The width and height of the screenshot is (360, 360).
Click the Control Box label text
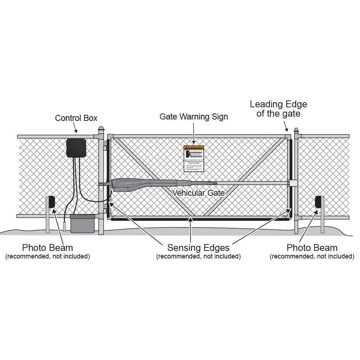point(76,118)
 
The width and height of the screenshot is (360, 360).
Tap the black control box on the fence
point(76,148)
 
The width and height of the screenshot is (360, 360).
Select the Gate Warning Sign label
point(194,117)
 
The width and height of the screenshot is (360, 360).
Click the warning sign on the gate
point(194,158)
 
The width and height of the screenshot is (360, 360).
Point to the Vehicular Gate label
point(198,193)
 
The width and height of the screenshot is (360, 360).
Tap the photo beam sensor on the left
point(51,202)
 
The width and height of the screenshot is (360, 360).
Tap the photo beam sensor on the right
point(318,202)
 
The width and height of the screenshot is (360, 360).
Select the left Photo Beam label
point(48,248)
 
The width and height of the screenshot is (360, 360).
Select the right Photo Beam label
point(312,248)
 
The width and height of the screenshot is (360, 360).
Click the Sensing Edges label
point(198,248)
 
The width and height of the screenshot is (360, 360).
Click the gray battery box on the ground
point(82,224)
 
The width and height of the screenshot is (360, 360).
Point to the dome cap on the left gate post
point(101,129)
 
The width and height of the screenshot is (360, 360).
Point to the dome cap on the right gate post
point(296,130)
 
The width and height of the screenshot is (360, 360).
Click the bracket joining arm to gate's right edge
point(292,183)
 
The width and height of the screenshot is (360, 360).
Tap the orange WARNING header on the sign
point(194,148)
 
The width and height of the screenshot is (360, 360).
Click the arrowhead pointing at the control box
point(76,132)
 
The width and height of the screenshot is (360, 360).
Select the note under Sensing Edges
point(198,256)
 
